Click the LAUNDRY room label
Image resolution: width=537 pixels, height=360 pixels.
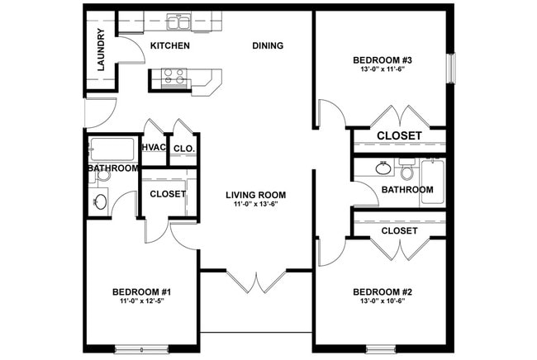[100, 50]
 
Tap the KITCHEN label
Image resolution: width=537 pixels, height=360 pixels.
[170, 45]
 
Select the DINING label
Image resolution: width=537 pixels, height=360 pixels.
[268, 45]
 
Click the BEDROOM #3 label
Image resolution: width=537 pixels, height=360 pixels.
[382, 60]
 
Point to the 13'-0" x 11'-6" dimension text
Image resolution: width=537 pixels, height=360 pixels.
[382, 71]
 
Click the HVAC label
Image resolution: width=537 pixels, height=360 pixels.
[154, 148]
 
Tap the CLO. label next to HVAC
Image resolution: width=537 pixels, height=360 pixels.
[183, 149]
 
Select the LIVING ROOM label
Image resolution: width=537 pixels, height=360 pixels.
[255, 196]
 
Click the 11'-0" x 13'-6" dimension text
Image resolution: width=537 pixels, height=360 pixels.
[255, 206]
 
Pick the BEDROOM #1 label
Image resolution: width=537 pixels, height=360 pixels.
[141, 292]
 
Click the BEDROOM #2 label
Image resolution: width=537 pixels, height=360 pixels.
[382, 292]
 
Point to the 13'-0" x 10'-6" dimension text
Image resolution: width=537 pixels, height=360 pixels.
[382, 303]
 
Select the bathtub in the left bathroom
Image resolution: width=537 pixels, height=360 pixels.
[112, 149]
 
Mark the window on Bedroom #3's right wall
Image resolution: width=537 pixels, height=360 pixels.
[451, 69]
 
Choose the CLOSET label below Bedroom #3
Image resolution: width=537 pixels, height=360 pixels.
[399, 135]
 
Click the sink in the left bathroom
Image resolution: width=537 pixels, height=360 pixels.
[100, 201]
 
